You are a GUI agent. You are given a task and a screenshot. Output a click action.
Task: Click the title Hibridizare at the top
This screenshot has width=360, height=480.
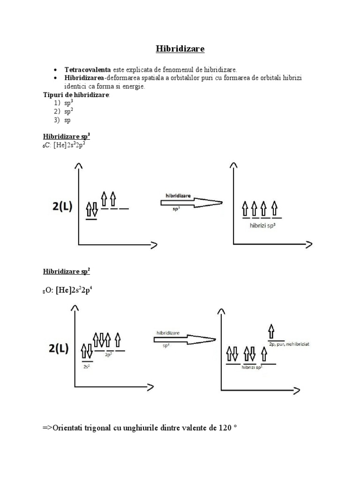[x=180, y=49]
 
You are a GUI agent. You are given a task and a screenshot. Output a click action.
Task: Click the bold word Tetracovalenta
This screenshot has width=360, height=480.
[x=88, y=69]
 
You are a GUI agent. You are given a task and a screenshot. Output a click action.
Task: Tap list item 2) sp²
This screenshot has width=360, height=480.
[x=64, y=111]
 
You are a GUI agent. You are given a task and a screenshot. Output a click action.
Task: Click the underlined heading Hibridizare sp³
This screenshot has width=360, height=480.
[x=67, y=136]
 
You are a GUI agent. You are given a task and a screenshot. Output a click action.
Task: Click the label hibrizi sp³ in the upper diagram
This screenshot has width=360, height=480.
[x=262, y=225]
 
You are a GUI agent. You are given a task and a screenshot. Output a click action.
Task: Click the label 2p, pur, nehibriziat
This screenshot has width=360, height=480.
[x=289, y=344]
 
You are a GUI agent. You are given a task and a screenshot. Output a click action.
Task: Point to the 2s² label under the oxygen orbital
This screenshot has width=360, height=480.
[x=87, y=367]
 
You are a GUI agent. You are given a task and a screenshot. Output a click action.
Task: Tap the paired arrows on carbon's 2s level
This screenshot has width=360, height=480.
[x=91, y=210]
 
